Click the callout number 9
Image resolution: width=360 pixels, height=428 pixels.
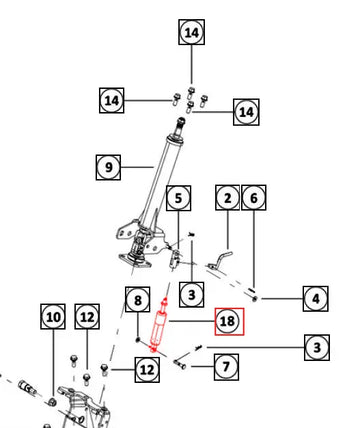[x=108, y=167]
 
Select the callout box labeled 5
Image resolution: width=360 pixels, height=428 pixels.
[x=179, y=198]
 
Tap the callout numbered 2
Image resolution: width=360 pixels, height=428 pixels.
[x=228, y=198]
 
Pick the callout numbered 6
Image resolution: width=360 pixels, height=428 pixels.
[x=254, y=198]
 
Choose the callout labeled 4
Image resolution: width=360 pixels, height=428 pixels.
[x=316, y=299]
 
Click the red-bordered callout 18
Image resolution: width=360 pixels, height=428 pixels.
[x=229, y=321]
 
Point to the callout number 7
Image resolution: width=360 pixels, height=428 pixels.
[x=226, y=367]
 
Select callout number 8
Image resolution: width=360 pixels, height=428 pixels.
[x=138, y=299]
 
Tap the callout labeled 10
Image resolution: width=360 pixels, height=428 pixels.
[x=53, y=317]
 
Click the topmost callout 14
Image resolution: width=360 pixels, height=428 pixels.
[x=192, y=32]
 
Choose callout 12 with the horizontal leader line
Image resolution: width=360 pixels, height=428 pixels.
[x=147, y=370]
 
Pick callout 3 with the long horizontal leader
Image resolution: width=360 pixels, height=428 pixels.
[x=317, y=348]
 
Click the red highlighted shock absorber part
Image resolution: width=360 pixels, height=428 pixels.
[x=159, y=325]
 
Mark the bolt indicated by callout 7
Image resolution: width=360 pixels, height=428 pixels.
[x=180, y=364]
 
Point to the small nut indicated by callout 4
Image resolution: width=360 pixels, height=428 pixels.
[x=255, y=299]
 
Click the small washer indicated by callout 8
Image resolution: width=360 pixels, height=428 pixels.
[x=138, y=340]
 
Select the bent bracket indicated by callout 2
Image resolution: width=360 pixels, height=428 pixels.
[x=219, y=261]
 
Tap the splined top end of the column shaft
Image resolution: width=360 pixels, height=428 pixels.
[x=181, y=123]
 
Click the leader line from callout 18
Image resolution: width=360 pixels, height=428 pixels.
[x=192, y=321]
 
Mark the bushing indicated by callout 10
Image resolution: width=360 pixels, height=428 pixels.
[x=52, y=401]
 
